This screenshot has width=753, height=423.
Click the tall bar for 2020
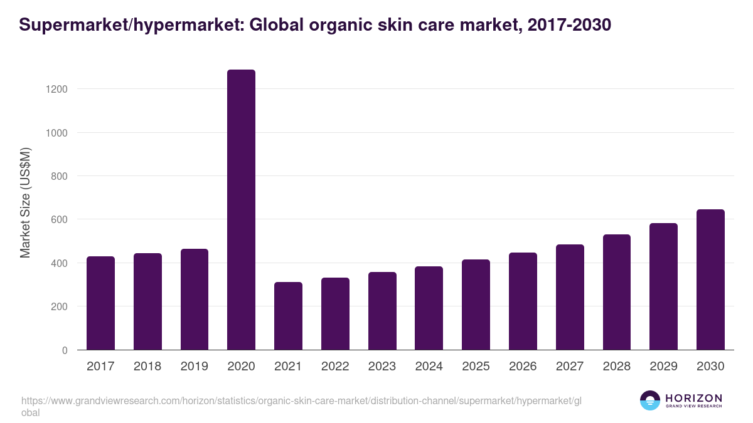241,210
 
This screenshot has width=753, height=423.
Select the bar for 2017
100,303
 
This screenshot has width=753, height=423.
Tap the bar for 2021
288,316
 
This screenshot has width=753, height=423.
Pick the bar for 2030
710,279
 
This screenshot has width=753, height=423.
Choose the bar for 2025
476,305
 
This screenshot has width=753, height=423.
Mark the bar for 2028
616,292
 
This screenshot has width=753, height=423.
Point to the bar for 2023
382,311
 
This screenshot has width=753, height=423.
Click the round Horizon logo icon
650,400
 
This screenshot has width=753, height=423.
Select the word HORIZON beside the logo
693,397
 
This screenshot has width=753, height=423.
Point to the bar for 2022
335,314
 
